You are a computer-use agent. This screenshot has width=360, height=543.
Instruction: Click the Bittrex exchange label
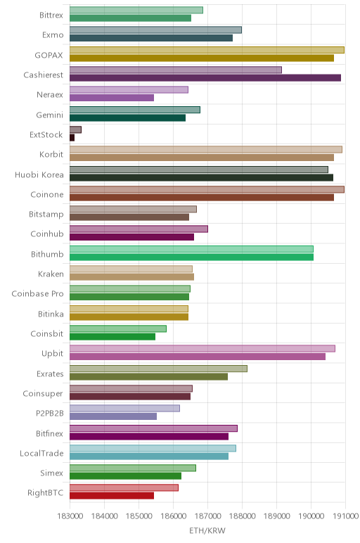coord(51,15)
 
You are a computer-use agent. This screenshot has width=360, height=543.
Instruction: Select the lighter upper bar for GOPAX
coord(207,50)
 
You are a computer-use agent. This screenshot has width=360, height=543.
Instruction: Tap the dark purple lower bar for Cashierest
coord(205,78)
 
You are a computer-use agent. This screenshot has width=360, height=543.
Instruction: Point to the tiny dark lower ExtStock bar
coord(72,138)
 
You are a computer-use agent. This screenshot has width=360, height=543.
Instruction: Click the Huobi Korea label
coord(39,174)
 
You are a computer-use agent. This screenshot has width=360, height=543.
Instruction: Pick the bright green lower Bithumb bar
coord(191,257)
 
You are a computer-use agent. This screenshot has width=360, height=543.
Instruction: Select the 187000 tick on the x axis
coord(207,516)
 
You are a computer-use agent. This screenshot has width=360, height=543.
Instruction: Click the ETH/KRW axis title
coord(207,530)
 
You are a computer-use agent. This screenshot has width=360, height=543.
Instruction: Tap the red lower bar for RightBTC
coord(112,496)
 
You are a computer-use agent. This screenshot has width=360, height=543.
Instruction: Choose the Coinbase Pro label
coord(38,294)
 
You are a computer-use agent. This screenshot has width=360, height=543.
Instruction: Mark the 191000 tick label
coord(345,516)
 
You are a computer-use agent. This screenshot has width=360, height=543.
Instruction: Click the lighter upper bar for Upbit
coord(202,348)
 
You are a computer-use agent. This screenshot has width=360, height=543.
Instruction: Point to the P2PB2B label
coord(50,413)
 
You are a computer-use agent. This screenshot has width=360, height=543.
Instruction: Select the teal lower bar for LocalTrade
coord(149,456)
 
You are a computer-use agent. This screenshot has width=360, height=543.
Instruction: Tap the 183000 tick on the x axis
coord(70,516)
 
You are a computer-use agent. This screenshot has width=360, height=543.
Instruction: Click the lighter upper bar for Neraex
coord(129,90)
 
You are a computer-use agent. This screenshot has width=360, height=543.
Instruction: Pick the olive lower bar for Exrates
coord(149,376)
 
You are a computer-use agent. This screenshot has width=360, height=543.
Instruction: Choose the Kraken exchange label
coord(51,274)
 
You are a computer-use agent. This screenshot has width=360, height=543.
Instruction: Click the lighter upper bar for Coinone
coord(207,189)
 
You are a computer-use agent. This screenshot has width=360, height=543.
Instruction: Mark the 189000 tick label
coord(276,516)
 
